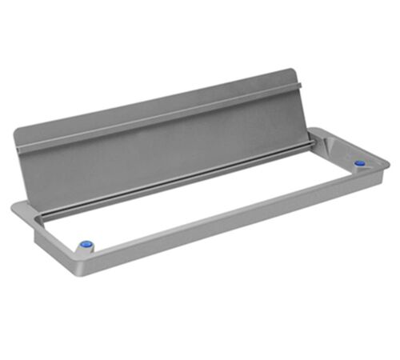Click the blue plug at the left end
coord(86,243)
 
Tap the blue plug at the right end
coord(359,163)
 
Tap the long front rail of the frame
coord(240,224)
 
